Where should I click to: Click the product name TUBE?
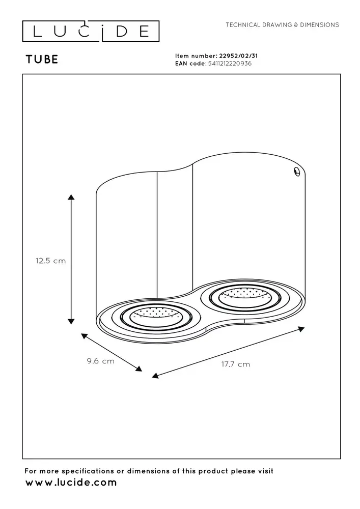click(42, 59)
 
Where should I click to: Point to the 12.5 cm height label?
click(51, 260)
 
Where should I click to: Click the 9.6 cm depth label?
click(100, 361)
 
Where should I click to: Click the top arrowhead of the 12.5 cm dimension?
click(71, 197)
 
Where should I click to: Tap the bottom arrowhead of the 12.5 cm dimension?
click(71, 321)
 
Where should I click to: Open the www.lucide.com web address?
click(71, 483)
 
